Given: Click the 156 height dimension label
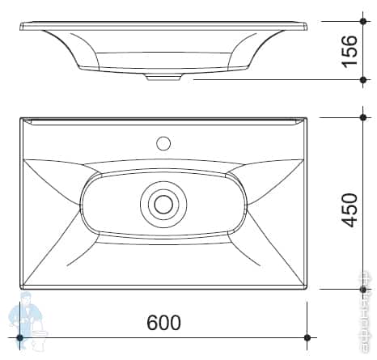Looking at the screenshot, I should click(349, 50).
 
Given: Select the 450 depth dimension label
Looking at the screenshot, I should click(349, 210).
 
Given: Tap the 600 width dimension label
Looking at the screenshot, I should click(163, 322).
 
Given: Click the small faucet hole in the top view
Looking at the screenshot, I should click(163, 145).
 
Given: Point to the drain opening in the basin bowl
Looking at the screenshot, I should click(163, 202).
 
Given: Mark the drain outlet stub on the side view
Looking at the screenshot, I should click(164, 78).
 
